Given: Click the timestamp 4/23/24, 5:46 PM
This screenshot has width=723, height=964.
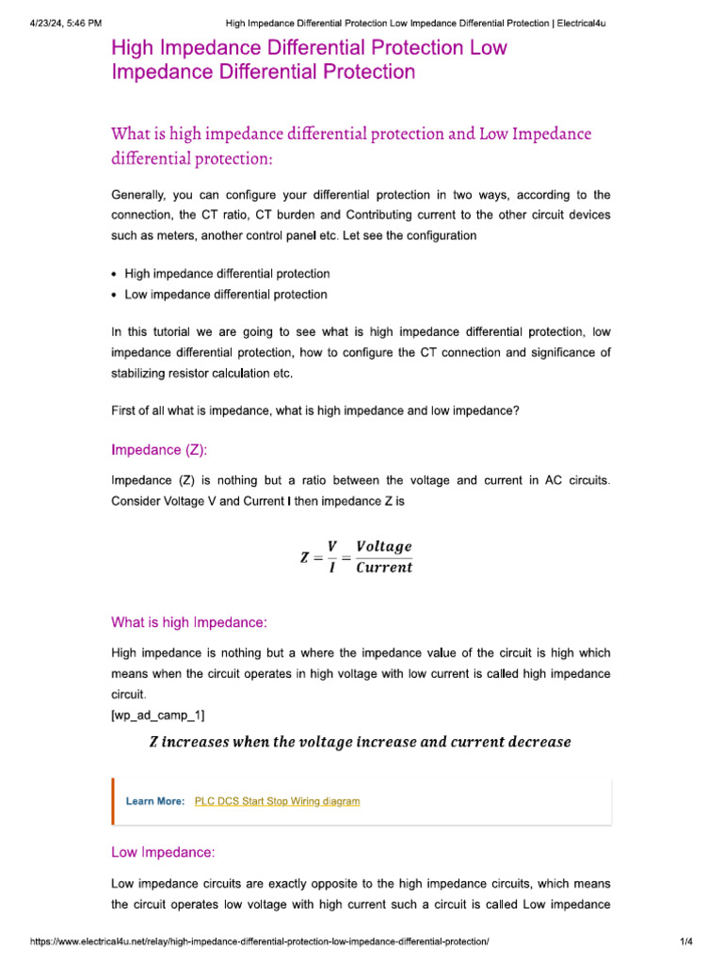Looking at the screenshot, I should point(60,23).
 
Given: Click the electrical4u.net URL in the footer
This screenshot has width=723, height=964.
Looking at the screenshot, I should point(260,942).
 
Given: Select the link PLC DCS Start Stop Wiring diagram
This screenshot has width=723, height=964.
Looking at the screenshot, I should point(277,801).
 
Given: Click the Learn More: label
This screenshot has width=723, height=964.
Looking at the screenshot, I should point(155,801).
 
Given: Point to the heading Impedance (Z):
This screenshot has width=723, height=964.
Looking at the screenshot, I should point(166,450).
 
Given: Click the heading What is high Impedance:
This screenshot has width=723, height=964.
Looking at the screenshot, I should point(189,622).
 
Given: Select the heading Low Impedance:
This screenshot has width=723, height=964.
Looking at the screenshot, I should point(163,852).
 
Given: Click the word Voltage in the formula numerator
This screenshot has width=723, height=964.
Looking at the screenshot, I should point(384,547).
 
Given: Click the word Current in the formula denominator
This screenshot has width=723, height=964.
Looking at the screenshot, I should point(384,568).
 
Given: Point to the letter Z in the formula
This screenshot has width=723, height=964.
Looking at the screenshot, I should point(305,557).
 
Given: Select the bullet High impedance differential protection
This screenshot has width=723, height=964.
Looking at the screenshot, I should point(227,274).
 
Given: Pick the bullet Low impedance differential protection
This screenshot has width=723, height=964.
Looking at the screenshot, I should point(226,295).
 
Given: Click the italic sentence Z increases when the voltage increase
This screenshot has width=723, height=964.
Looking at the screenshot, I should point(361,742).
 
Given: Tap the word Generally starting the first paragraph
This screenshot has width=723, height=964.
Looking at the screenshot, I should point(138,195).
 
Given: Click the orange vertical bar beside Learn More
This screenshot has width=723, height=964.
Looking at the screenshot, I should point(113,801).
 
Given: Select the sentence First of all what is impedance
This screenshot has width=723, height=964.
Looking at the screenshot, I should point(315,410).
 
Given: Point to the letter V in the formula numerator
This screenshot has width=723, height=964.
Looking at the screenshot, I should point(332,547).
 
